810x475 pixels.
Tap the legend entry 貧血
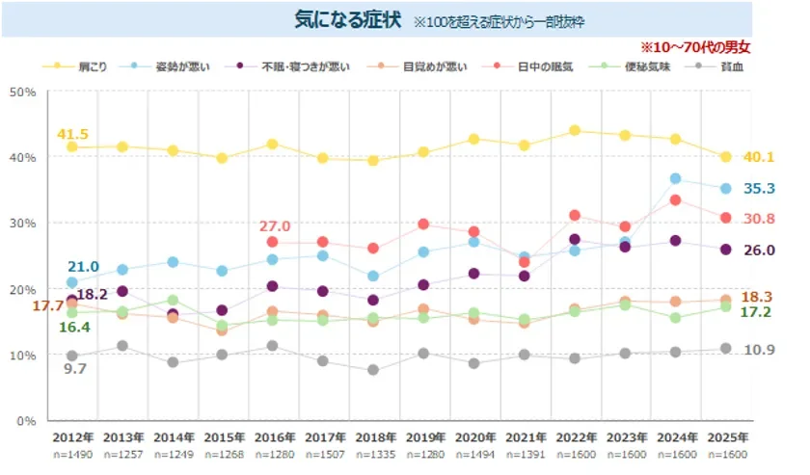click(x=733, y=66)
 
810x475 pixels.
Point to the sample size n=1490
click(x=71, y=455)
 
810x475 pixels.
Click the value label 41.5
click(x=72, y=134)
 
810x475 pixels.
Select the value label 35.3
click(x=762, y=189)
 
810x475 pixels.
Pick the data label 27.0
click(x=275, y=226)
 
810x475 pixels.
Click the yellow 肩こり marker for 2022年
click(x=574, y=130)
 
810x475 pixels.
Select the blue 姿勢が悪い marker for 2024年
click(x=675, y=178)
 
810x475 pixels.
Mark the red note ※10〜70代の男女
click(x=695, y=46)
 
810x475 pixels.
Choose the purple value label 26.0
click(x=762, y=251)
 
